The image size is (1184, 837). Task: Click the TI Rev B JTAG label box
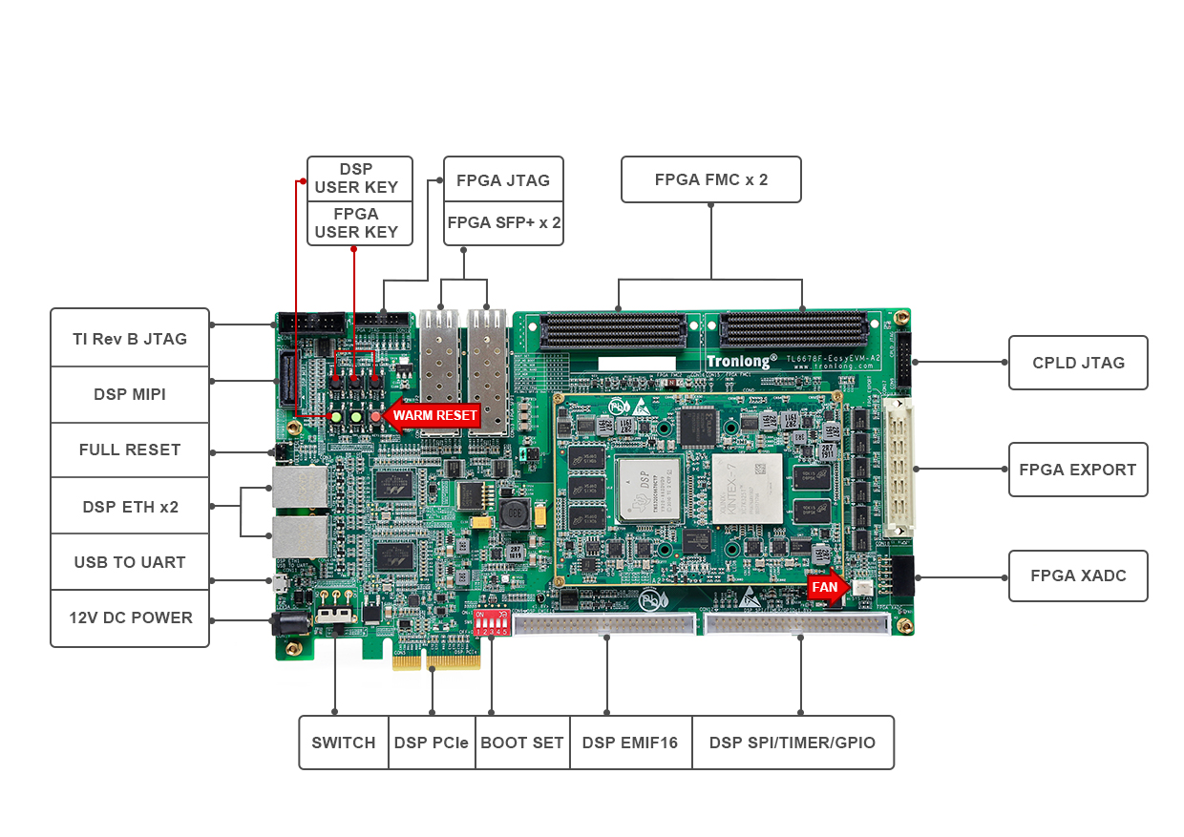[130, 338]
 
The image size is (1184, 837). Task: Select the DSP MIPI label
[130, 394]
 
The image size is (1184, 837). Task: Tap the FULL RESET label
[130, 450]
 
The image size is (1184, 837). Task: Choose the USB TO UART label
[130, 562]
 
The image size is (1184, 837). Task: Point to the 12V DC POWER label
[130, 617]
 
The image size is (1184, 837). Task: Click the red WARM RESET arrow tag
[429, 415]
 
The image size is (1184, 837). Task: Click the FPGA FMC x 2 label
[711, 179]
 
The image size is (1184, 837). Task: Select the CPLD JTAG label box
[1078, 363]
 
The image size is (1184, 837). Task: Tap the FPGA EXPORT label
[1078, 470]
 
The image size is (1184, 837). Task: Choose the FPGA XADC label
[1078, 575]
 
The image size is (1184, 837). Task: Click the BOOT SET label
[521, 743]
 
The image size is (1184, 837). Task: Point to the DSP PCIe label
[432, 743]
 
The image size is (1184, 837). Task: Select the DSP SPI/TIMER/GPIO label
[793, 743]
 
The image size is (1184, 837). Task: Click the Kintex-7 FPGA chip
[747, 487]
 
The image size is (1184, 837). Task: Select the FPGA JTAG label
[503, 179]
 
